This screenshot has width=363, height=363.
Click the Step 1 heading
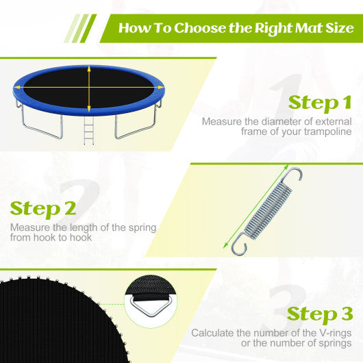click(320, 103)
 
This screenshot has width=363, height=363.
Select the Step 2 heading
click(43, 208)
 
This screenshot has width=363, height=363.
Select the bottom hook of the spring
click(238, 246)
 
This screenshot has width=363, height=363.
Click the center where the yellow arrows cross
click(88, 89)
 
